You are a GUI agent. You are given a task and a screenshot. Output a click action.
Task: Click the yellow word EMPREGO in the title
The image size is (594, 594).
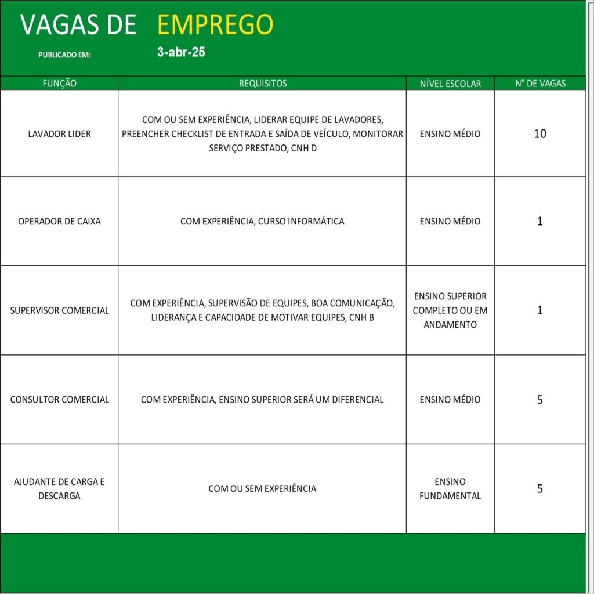coord(215,25)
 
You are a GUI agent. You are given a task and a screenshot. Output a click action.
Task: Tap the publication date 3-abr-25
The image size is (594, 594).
coord(181,52)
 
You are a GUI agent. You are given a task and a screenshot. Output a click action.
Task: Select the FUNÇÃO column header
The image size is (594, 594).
coord(60,84)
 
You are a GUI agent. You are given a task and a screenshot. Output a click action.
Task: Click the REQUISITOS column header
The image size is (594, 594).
coord(263,84)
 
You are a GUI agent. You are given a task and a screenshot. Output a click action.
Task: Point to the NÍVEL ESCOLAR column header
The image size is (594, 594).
coord(450,84)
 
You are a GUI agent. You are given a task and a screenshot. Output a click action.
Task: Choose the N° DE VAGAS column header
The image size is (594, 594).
coord(540,84)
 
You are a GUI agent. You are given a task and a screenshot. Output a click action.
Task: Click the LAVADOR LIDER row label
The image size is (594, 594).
coord(60,134)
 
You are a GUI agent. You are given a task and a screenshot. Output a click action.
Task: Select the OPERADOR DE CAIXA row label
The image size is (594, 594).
coord(60,222)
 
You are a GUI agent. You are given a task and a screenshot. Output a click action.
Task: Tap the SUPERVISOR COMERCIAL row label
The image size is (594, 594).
coord(60,310)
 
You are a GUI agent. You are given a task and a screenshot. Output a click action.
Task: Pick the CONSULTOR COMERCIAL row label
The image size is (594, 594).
coord(60,400)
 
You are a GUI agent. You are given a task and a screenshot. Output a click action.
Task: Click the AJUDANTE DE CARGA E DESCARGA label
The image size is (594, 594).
coord(60,488)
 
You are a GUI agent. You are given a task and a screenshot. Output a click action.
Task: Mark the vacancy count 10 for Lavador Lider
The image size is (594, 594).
coord(540,134)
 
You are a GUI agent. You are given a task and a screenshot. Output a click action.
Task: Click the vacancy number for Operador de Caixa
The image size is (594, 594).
coord(540,222)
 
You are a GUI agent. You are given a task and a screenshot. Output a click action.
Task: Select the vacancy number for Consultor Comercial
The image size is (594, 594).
coord(540,400)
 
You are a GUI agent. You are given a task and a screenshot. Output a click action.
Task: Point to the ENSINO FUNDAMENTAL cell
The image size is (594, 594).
coord(450,488)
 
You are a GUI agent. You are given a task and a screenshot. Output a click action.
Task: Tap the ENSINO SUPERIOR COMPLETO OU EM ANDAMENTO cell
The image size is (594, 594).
coord(450,310)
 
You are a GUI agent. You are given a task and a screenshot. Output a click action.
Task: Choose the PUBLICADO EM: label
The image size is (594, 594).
coord(64,55)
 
